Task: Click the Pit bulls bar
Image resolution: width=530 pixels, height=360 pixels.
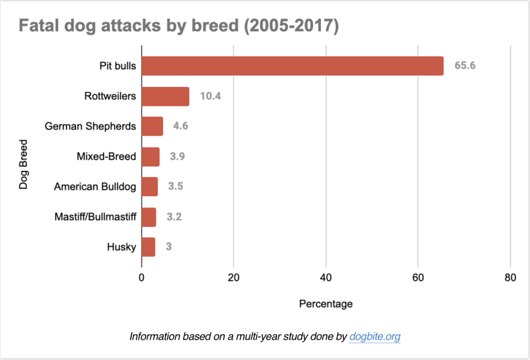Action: (x=293, y=66)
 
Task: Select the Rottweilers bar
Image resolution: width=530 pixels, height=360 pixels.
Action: (x=165, y=97)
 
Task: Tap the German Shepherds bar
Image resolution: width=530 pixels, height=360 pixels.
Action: (x=152, y=126)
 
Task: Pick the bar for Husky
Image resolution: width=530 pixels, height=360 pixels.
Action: (x=148, y=247)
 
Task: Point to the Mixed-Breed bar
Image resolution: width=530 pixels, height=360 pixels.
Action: (x=150, y=157)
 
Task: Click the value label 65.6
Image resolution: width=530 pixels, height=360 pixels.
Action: (x=465, y=65)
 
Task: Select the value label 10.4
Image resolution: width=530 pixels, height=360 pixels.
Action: (x=210, y=96)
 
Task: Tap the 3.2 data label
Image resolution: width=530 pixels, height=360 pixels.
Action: (x=174, y=217)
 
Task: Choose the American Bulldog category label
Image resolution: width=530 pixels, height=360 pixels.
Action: (x=95, y=187)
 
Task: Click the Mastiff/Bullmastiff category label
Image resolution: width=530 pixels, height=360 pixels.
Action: (x=95, y=217)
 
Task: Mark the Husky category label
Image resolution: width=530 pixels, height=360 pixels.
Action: (x=122, y=247)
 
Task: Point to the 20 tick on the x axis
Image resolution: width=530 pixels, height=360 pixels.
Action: (x=233, y=278)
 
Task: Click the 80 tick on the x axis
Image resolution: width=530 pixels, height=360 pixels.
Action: (x=510, y=278)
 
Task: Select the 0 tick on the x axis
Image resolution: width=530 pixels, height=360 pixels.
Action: (x=141, y=278)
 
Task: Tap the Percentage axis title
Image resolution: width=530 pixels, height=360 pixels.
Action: (x=326, y=304)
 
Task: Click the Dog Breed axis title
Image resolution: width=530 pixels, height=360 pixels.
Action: (x=23, y=164)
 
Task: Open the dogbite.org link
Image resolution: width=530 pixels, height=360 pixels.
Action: (x=375, y=337)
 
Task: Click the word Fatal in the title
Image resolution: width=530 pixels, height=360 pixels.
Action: (x=38, y=26)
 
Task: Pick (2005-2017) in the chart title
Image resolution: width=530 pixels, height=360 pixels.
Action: (x=291, y=26)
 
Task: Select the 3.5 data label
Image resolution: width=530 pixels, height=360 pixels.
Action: (x=176, y=187)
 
